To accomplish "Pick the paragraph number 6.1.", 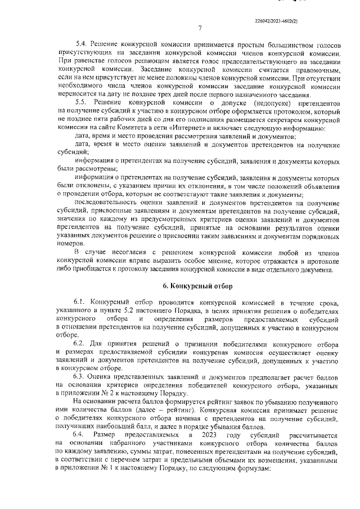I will [82, 302].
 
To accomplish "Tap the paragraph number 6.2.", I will [82, 342].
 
